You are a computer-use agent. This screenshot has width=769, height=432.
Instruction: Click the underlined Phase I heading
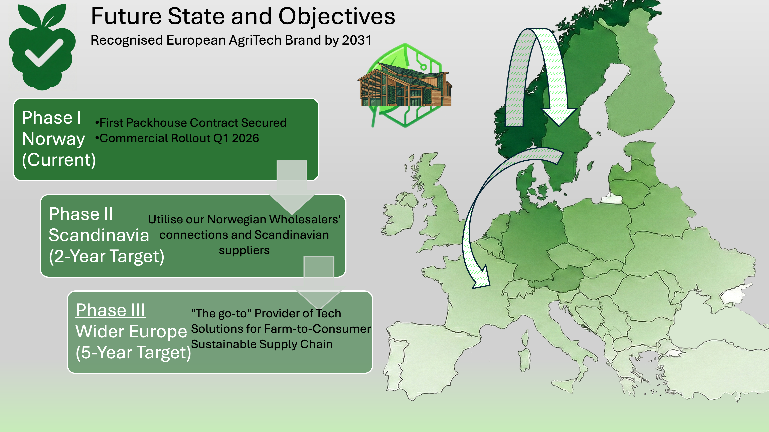coord(52,117)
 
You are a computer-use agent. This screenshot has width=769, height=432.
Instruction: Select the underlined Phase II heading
coord(81,214)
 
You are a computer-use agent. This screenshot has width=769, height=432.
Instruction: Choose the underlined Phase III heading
coord(111,310)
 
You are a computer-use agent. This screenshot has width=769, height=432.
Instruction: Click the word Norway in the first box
coord(53,139)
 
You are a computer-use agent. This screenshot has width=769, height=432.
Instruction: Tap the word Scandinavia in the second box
coord(99,235)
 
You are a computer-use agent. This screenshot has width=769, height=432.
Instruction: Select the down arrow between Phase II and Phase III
coord(319,282)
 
